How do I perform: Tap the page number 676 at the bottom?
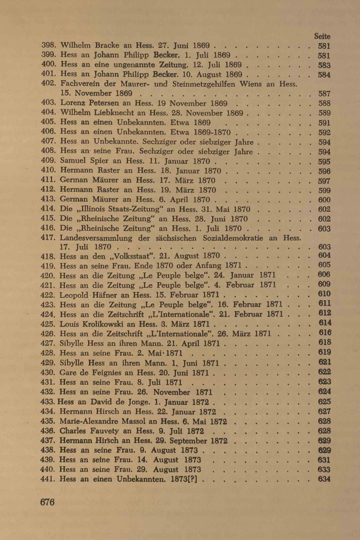(48, 502)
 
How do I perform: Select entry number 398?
(49, 46)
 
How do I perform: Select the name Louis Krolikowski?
(92, 323)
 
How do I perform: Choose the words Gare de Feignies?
(94, 372)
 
